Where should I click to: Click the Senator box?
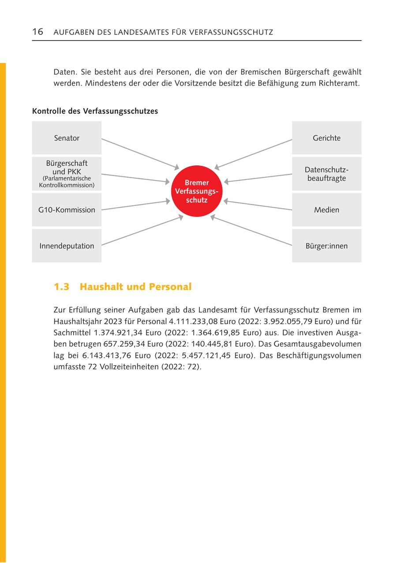click(x=67, y=138)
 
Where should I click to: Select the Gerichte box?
click(x=326, y=138)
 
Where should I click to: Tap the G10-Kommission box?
click(x=67, y=210)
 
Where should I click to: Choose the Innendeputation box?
click(x=67, y=246)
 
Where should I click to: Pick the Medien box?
click(x=326, y=210)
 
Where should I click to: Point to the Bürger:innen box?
click(x=326, y=246)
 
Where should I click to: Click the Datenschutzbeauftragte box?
click(x=326, y=174)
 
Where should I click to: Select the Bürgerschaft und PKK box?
click(x=67, y=174)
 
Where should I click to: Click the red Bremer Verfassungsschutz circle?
click(x=197, y=191)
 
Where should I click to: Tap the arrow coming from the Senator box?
click(x=140, y=154)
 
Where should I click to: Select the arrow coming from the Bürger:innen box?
click(x=251, y=230)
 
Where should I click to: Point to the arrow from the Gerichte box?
click(x=254, y=154)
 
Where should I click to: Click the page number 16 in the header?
click(x=37, y=32)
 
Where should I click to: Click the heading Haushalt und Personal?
click(x=135, y=287)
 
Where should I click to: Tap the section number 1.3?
click(x=61, y=287)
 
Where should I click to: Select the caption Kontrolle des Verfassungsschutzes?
click(x=95, y=112)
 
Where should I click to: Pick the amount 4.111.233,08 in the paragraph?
click(x=194, y=321)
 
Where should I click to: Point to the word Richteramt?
click(x=338, y=83)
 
